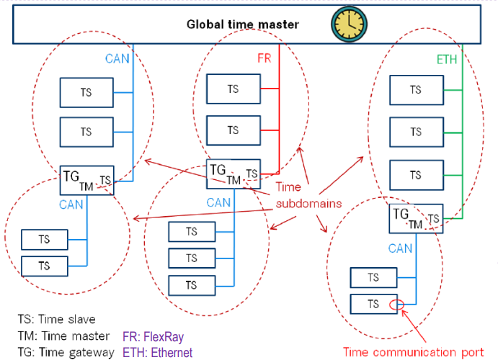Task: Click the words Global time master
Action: click(x=243, y=24)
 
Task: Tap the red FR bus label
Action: click(x=264, y=58)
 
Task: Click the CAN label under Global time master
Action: click(x=117, y=58)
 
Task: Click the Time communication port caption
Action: click(x=413, y=351)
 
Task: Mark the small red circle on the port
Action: click(x=396, y=305)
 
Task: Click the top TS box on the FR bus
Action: click(x=233, y=89)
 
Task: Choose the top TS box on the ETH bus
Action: click(x=416, y=90)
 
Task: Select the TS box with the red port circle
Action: click(x=373, y=304)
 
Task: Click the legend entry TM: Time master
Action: click(x=63, y=336)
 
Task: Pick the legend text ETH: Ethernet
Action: click(x=158, y=352)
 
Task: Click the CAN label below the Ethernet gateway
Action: click(x=401, y=248)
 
